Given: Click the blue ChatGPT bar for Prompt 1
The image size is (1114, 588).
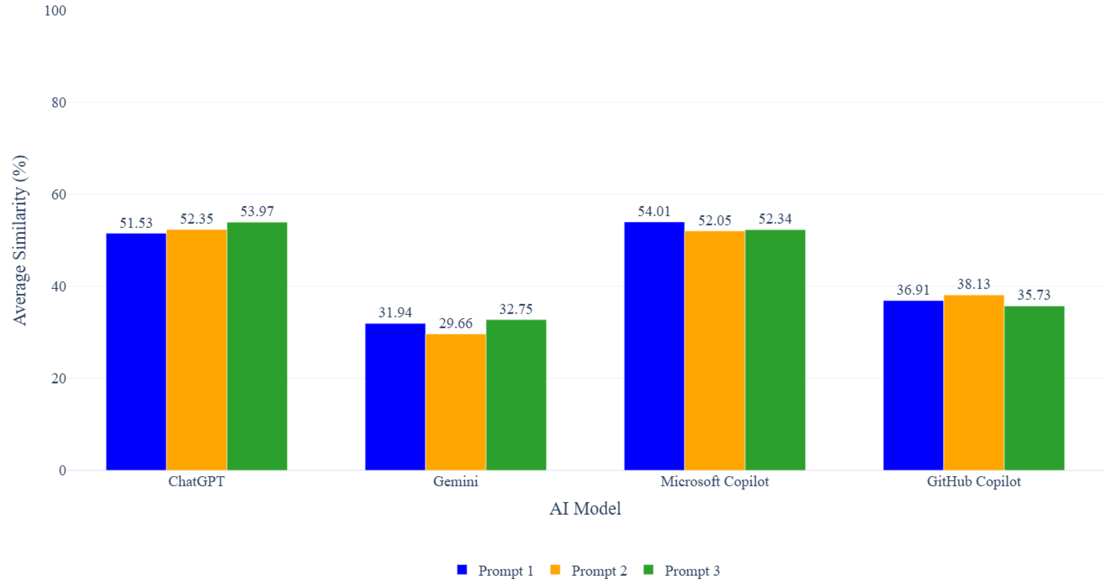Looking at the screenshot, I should (136, 351).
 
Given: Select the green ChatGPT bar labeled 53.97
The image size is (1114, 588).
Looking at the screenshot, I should (257, 346).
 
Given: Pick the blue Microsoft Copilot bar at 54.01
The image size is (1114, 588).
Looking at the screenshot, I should (654, 346).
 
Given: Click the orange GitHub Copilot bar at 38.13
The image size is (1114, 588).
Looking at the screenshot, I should (974, 382).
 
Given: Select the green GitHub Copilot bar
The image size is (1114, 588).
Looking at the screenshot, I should (1034, 388).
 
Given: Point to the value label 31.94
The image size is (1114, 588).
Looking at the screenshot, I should (395, 312).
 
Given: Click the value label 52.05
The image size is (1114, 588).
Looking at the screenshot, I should (715, 221).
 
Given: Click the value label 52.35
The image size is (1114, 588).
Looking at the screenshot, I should (197, 219).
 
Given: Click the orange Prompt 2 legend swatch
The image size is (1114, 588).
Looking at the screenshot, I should (555, 570).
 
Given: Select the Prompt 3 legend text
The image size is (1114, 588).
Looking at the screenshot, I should (692, 571).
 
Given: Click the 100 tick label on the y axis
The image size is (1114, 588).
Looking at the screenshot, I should (55, 10).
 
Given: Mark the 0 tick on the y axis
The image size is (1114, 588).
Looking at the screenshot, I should (62, 470).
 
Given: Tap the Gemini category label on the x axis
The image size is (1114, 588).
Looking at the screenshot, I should (456, 481).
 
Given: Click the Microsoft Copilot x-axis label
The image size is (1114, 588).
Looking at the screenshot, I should (715, 481).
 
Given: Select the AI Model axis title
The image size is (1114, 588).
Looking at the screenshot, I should (585, 508).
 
